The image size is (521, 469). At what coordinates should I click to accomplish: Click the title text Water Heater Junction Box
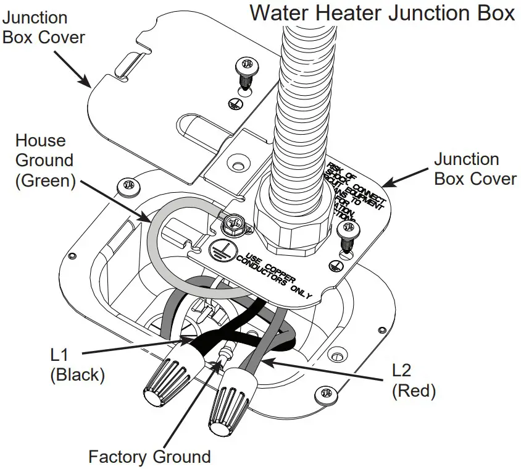pos(382,13)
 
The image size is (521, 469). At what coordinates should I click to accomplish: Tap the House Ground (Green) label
pos(44,160)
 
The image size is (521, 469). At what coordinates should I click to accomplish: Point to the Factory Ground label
pos(149,457)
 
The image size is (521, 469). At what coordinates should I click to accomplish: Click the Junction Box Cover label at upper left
pos(43,28)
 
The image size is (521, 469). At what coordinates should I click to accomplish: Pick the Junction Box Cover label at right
pos(475,169)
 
